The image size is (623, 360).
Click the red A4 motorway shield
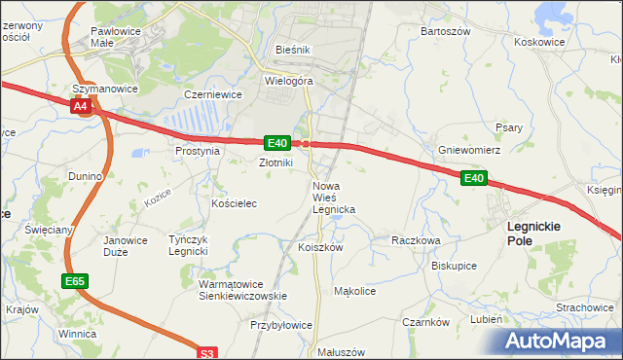(x=82, y=105)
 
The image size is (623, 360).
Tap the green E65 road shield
(x=74, y=281)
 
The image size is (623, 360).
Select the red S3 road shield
(x=206, y=354)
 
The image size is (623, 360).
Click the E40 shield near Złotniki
(x=275, y=142)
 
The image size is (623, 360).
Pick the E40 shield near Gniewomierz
(x=474, y=178)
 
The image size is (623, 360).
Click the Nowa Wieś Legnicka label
(x=333, y=198)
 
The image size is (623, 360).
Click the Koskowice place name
(x=539, y=43)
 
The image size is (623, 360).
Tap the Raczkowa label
(x=416, y=239)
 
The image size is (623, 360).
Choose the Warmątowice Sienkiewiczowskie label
(x=241, y=289)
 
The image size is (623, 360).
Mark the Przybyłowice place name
(x=281, y=326)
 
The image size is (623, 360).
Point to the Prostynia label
(x=197, y=152)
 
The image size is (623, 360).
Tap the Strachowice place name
(x=584, y=307)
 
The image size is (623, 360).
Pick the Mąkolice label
(x=354, y=291)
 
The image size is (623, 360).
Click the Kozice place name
(x=157, y=196)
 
